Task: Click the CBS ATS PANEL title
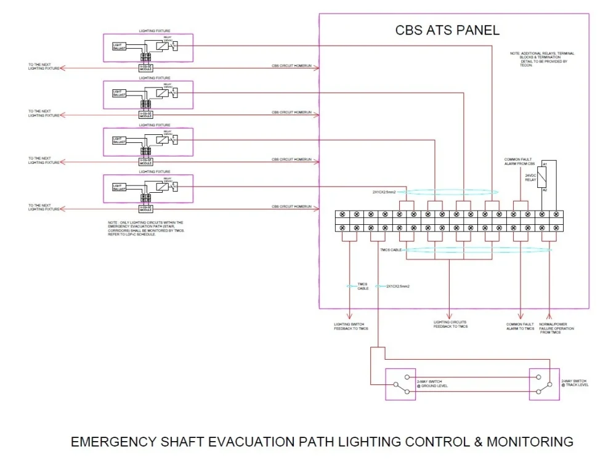447,30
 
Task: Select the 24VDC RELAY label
531,177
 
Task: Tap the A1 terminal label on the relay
545,164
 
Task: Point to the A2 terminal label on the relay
545,190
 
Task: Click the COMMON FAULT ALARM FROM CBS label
519,161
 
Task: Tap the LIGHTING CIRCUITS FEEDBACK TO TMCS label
450,324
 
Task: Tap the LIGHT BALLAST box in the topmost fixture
119,46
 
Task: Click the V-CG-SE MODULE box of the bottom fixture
145,209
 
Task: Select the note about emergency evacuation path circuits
145,228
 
